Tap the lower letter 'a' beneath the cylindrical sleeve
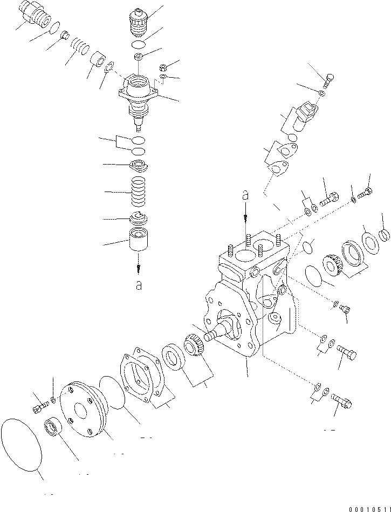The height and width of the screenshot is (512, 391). (139, 285)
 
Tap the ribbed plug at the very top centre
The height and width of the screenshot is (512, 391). (139, 22)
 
